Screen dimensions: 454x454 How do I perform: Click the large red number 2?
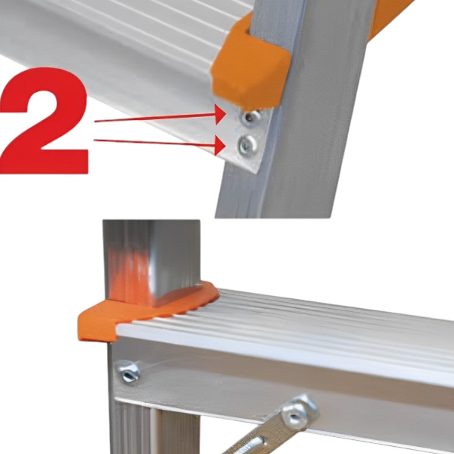click(44, 121)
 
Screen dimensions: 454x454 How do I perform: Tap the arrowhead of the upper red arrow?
click(220, 115)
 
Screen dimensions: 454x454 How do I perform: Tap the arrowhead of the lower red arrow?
click(220, 145)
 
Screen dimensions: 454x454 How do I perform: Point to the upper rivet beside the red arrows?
click(250, 118)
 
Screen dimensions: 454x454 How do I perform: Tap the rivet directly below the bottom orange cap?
click(128, 372)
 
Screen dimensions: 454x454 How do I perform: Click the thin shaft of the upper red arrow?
click(155, 118)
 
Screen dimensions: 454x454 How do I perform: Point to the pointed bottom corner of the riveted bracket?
click(256, 173)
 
